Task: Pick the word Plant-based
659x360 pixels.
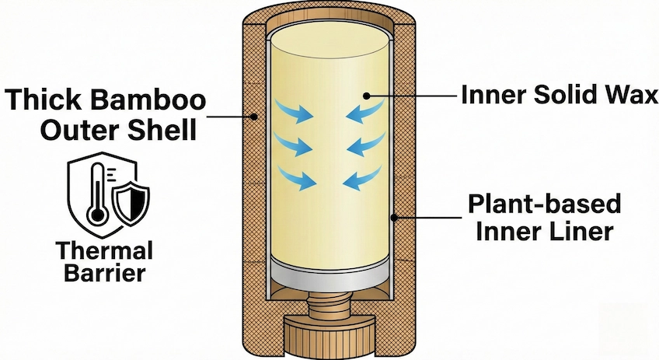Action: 545,204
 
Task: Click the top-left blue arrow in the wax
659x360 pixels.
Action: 297,111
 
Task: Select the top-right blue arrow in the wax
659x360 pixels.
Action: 364,112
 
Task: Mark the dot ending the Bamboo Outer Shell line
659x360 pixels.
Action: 256,117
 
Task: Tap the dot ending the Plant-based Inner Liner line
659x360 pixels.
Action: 395,218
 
